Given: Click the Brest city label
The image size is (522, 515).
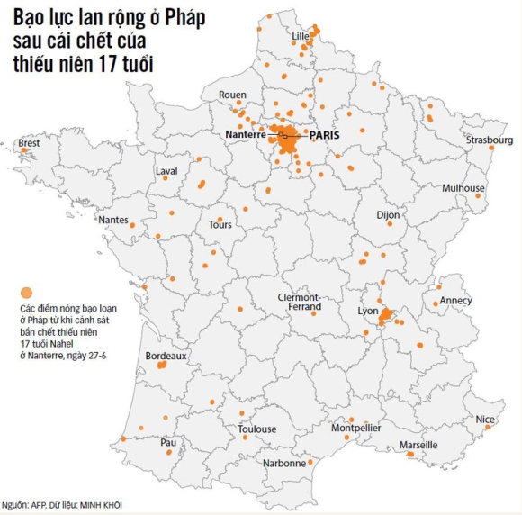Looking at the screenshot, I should coord(29,142).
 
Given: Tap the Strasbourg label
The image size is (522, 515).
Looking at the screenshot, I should coord(490,140).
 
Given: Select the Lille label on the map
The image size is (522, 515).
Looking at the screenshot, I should coord(301,36).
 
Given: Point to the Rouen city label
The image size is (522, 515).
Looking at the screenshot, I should coord(232,95).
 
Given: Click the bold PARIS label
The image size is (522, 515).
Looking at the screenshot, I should coord(326,134).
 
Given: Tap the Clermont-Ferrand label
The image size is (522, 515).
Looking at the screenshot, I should coord(299,302).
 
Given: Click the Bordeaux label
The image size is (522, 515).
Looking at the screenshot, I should coord(166,356).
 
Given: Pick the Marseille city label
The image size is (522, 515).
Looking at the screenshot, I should coord(418,445).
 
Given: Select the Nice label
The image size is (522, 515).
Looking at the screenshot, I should coord(485,419).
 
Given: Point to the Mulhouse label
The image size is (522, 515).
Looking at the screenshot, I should coord(463,188).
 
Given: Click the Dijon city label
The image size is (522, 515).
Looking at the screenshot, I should coord(387,215).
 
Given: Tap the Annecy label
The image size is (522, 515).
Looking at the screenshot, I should coord(455,301).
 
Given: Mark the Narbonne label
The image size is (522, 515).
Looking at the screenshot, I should coord(284,464).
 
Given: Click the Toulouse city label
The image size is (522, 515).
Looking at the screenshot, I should coord(257,429).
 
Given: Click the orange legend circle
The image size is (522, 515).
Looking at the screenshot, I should coord(26,294).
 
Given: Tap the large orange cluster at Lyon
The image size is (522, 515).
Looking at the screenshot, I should coord(386,315).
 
